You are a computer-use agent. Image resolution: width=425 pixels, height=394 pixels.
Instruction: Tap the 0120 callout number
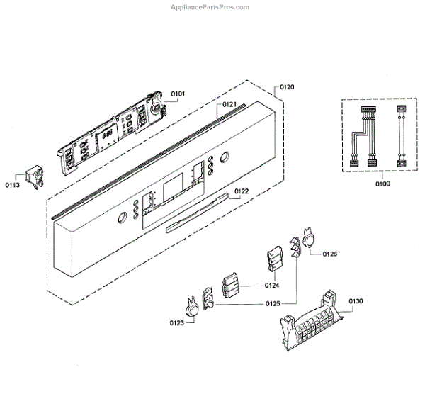click(286, 87)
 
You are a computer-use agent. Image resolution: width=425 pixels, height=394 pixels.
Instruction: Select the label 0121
click(229, 105)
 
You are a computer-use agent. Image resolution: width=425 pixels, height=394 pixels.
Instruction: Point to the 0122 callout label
click(242, 191)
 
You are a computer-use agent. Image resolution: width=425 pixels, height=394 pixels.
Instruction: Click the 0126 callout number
click(330, 253)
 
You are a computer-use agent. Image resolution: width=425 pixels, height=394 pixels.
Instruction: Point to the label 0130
click(356, 301)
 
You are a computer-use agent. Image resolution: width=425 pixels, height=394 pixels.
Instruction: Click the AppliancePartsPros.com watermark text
click(210, 7)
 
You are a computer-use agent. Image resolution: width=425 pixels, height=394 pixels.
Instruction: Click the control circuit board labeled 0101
click(113, 131)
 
